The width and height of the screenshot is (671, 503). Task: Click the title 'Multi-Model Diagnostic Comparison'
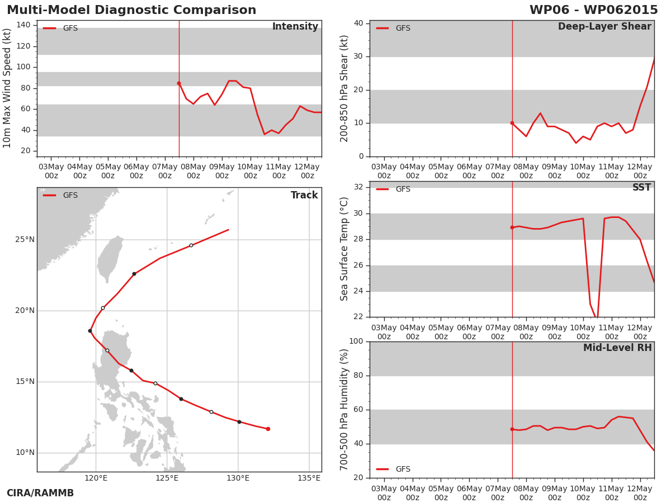click(131, 10)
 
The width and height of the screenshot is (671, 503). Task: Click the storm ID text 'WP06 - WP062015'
click(594, 10)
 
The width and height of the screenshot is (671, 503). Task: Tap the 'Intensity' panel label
click(295, 27)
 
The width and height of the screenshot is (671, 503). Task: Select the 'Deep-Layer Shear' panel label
click(604, 27)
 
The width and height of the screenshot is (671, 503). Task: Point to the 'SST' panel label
click(642, 187)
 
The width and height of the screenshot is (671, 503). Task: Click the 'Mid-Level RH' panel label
click(617, 348)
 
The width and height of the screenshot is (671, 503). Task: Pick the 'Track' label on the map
click(304, 195)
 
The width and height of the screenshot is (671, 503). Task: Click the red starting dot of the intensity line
click(179, 83)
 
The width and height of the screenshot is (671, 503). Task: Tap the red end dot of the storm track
click(268, 429)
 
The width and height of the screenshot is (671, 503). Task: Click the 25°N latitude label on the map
click(25, 239)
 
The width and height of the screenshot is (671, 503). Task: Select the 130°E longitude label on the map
click(238, 478)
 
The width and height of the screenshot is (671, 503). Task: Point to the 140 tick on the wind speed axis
click(23, 25)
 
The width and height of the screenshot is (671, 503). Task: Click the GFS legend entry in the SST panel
click(394, 189)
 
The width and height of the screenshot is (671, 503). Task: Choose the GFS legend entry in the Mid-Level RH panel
click(394, 469)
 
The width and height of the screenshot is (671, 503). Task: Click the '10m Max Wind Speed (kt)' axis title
click(7, 88)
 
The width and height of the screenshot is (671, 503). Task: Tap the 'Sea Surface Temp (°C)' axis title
click(344, 249)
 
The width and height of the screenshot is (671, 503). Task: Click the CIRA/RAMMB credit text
click(40, 493)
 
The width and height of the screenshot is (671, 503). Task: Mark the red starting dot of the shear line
click(512, 123)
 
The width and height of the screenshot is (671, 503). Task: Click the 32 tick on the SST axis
click(358, 187)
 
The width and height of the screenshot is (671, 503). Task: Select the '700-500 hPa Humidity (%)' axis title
click(344, 410)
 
